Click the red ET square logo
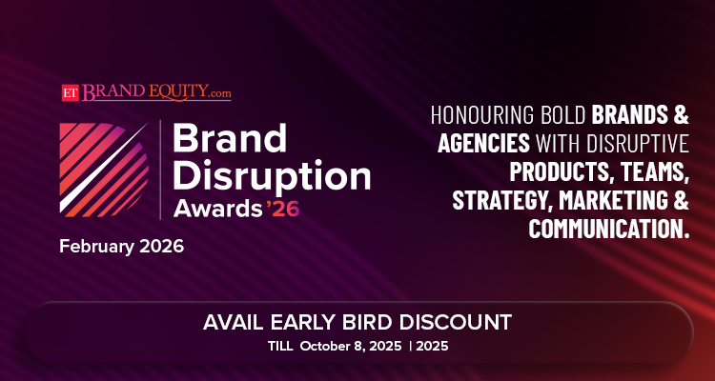71,93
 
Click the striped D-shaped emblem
104,170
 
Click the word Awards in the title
218,209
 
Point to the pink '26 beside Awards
283,209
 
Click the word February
96,248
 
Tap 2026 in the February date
161,247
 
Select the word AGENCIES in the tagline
483,143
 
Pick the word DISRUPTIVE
638,143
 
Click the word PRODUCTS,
560,172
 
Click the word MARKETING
614,201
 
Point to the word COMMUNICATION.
605,229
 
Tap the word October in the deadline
325,347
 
